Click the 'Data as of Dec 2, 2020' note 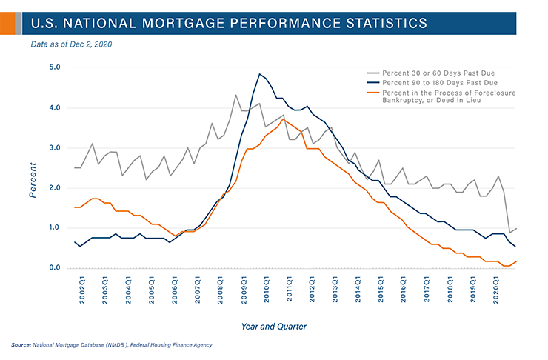tap(71, 44)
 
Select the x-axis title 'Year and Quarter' tap(275, 326)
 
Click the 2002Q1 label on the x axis tap(82, 289)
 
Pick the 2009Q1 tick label tap(244, 289)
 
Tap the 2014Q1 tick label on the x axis tap(358, 289)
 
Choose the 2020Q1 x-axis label tap(496, 289)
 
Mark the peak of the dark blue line tap(259, 74)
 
